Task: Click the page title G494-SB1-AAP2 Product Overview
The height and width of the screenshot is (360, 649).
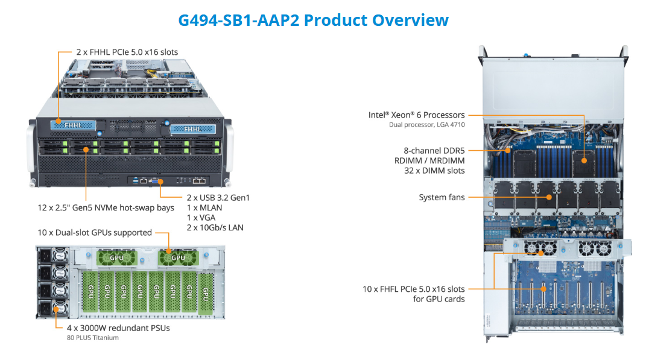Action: click(313, 20)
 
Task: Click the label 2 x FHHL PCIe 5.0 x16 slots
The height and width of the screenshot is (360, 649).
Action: click(127, 52)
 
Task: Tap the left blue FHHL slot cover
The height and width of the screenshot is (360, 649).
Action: click(72, 125)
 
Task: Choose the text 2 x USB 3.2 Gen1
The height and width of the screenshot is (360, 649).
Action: click(218, 198)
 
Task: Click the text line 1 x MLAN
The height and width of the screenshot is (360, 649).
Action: click(204, 207)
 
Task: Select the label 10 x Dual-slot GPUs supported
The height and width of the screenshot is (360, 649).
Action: click(95, 233)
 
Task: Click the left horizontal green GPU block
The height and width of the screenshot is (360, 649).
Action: click(116, 258)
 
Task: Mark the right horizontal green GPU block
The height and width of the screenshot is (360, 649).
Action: click(178, 258)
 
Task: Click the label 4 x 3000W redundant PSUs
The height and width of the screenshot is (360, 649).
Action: click(118, 328)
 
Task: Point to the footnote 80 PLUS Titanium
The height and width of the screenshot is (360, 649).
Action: click(93, 338)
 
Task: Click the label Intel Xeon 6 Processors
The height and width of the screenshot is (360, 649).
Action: click(417, 115)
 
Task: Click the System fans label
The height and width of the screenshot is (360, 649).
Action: click(442, 197)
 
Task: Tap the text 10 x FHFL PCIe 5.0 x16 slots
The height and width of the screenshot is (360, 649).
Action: click(414, 289)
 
